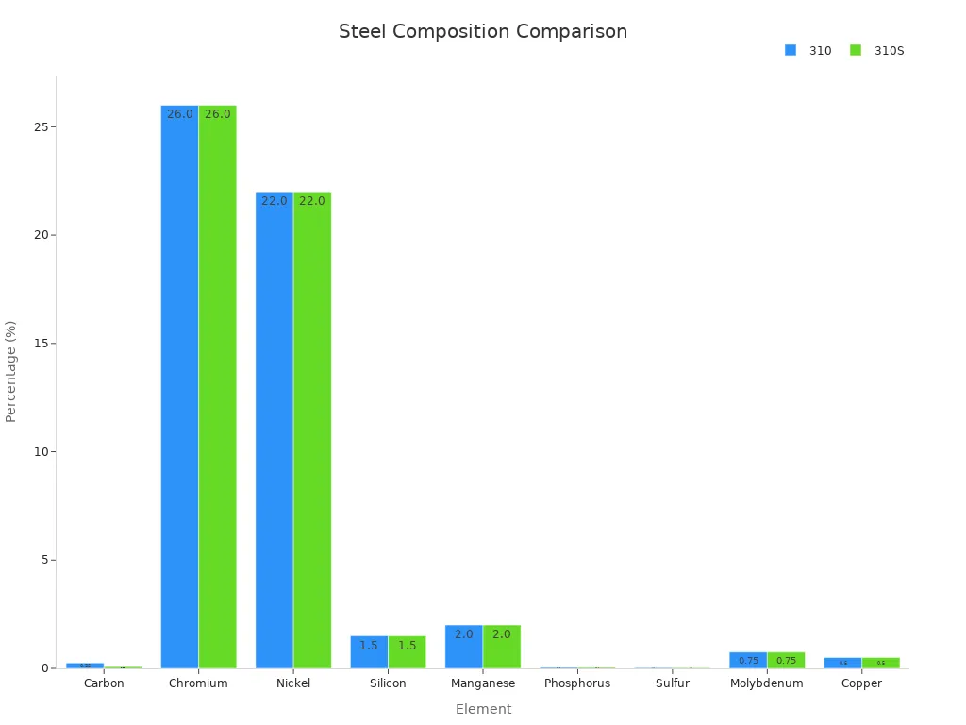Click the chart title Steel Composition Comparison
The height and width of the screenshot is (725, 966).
pyautogui.click(x=483, y=31)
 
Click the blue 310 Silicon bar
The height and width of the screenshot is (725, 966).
pyautogui.click(x=369, y=652)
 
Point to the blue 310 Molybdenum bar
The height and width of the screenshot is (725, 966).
pyautogui.click(x=748, y=660)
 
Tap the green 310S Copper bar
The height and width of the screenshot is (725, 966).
pyautogui.click(x=881, y=663)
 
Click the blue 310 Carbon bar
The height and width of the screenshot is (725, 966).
pyautogui.click(x=85, y=666)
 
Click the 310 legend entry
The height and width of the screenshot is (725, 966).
pyautogui.click(x=809, y=51)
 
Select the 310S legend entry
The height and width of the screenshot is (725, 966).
pyautogui.click(x=877, y=51)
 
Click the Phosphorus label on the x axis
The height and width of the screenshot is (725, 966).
pyautogui.click(x=577, y=683)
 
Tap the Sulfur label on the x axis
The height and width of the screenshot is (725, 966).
pyautogui.click(x=673, y=683)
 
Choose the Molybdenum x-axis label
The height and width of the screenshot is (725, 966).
pyautogui.click(x=767, y=683)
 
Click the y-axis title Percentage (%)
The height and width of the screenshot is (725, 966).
pyautogui.click(x=11, y=371)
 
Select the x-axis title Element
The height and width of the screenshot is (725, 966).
pyautogui.click(x=483, y=709)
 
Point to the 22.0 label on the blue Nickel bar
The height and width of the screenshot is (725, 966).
pyautogui.click(x=275, y=201)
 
